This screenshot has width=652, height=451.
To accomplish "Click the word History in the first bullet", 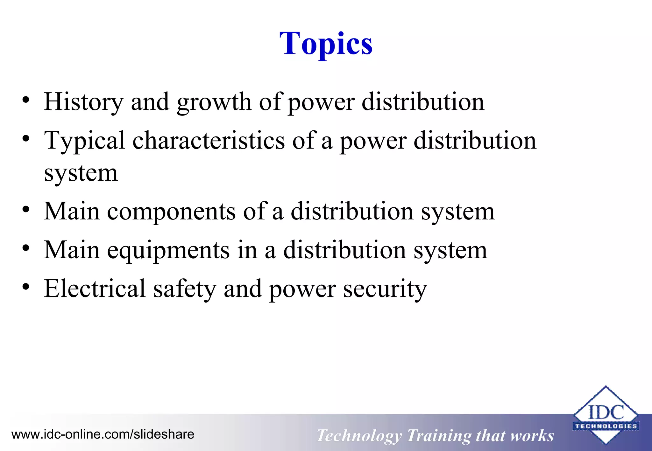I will (83, 102).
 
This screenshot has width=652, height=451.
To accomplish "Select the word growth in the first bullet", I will (214, 102).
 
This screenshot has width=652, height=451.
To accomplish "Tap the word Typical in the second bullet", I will (84, 141).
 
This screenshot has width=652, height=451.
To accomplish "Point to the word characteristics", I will (209, 140).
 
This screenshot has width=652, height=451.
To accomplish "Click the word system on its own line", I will (81, 173).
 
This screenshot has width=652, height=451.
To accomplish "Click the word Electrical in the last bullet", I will (95, 288).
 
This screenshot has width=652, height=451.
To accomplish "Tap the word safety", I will (184, 289).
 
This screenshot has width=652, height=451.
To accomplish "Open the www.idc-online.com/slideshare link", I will (103, 434).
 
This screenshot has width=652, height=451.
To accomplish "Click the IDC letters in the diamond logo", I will (606, 413).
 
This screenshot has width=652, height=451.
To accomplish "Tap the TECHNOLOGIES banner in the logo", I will (606, 426).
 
